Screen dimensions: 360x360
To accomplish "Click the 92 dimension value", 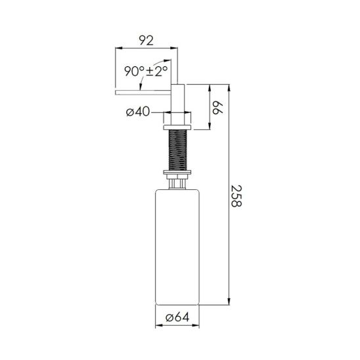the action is tap(146, 41).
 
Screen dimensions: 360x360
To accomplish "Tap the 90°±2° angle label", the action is tap(146, 71).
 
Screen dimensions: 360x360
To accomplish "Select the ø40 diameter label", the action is tap(138, 112).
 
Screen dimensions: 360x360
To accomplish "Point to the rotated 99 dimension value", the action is tap(217, 107).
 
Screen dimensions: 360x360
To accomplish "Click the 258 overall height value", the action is tap(236, 196).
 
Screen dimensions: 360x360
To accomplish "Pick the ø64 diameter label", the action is tap(177, 317).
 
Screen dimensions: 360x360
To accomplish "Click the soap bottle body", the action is tap(177, 247).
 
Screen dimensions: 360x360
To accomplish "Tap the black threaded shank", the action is tap(177, 150).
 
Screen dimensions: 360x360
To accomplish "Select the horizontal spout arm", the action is tap(143, 92).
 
